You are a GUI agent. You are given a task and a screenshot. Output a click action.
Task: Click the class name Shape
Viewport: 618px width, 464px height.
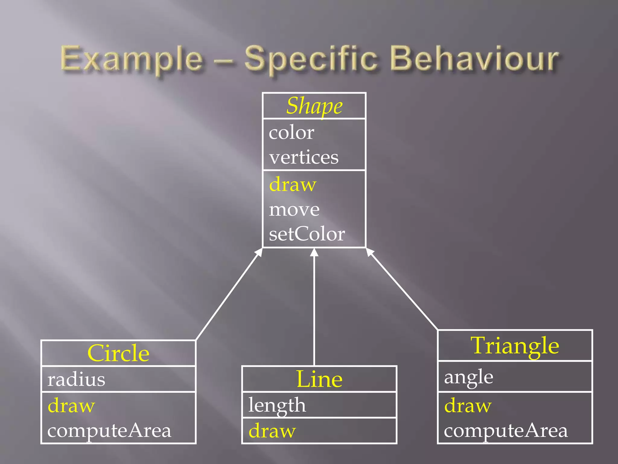click(x=314, y=106)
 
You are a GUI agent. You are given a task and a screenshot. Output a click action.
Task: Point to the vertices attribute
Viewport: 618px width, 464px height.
click(x=304, y=157)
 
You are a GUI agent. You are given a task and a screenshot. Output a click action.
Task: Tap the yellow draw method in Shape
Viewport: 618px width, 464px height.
click(x=293, y=184)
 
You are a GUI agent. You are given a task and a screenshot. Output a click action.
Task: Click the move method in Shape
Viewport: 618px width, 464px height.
click(x=294, y=209)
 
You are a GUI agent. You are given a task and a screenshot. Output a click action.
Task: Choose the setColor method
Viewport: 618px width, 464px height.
click(x=307, y=234)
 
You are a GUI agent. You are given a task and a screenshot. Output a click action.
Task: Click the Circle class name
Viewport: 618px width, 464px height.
click(x=118, y=353)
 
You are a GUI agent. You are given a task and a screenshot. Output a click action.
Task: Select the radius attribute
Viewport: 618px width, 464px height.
click(x=76, y=379)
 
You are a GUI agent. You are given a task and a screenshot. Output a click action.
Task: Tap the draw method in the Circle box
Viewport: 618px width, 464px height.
click(x=72, y=405)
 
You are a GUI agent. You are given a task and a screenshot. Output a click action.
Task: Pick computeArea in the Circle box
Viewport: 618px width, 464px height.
click(x=109, y=430)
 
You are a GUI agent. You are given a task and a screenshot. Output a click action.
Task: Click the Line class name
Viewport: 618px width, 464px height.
click(x=319, y=379)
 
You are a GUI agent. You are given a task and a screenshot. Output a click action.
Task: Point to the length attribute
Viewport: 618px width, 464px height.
click(x=277, y=405)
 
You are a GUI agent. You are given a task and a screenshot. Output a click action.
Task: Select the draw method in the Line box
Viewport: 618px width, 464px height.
click(x=272, y=431)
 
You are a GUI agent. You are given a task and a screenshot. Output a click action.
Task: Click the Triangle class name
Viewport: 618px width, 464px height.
click(x=515, y=346)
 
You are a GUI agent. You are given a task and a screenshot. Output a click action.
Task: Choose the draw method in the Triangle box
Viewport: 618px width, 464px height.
click(x=468, y=405)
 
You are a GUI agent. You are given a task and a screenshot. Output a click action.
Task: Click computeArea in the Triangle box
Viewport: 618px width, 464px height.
click(x=506, y=430)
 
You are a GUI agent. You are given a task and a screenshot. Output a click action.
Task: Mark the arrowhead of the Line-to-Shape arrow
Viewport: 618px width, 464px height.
click(x=314, y=253)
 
